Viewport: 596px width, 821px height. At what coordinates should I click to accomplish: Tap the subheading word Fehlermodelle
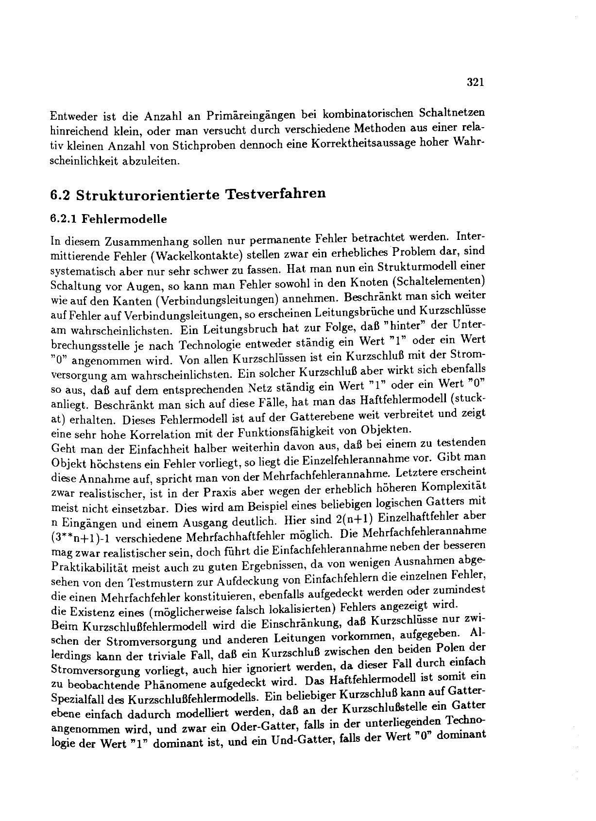(x=124, y=219)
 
